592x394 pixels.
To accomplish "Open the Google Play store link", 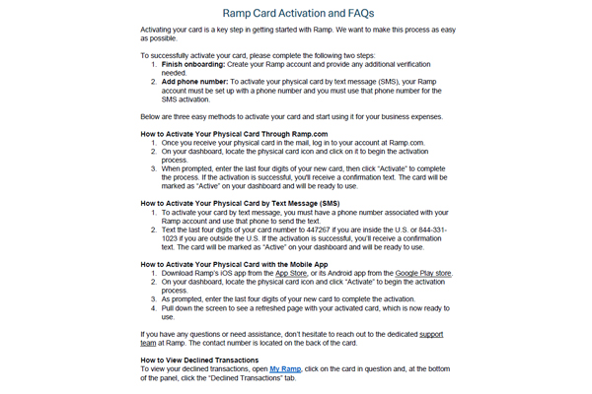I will coord(425,273).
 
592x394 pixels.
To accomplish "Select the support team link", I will coord(430,335).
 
